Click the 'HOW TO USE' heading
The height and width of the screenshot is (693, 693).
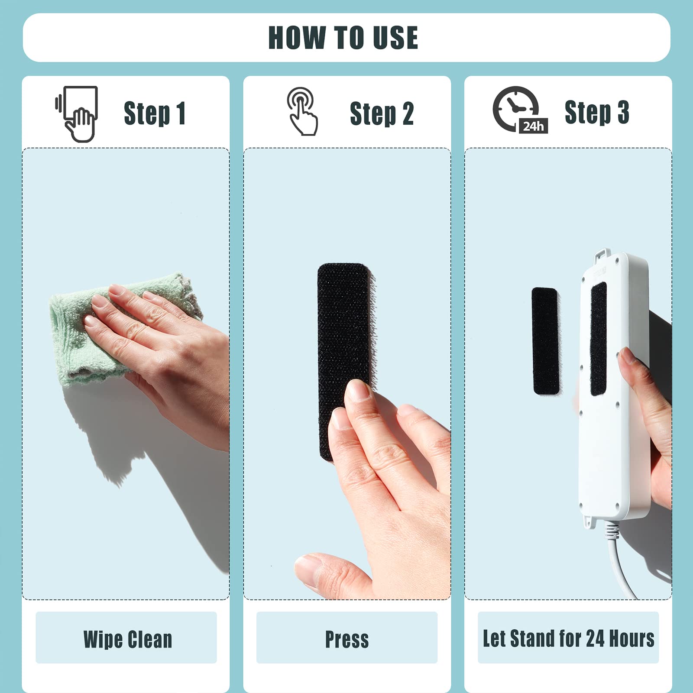point(343,38)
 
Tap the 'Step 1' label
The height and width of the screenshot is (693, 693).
point(155,113)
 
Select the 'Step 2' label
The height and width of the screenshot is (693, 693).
point(382,114)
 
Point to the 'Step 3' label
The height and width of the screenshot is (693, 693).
point(597,112)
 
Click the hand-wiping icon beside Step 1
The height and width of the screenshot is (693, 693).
point(77,114)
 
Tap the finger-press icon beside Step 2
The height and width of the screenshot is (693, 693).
point(302,111)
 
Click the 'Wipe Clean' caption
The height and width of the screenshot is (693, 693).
point(128,639)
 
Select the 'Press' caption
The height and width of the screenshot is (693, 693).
point(347,639)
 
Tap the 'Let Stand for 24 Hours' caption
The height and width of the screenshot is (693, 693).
point(568,638)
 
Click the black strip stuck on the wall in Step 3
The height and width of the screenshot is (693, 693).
point(545,341)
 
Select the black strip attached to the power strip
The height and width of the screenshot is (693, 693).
point(598,339)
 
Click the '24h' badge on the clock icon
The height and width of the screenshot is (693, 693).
point(533,126)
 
